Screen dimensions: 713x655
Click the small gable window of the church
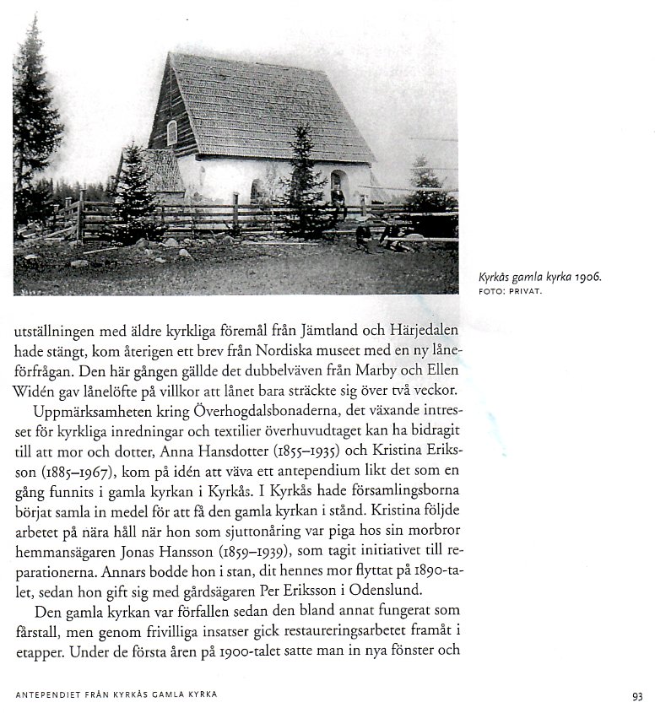172,132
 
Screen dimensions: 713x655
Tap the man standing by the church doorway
337,199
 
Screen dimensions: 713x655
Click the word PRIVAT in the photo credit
525,292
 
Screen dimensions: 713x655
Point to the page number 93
636,696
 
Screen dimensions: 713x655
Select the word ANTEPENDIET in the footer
50,696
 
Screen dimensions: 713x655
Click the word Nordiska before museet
273,350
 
